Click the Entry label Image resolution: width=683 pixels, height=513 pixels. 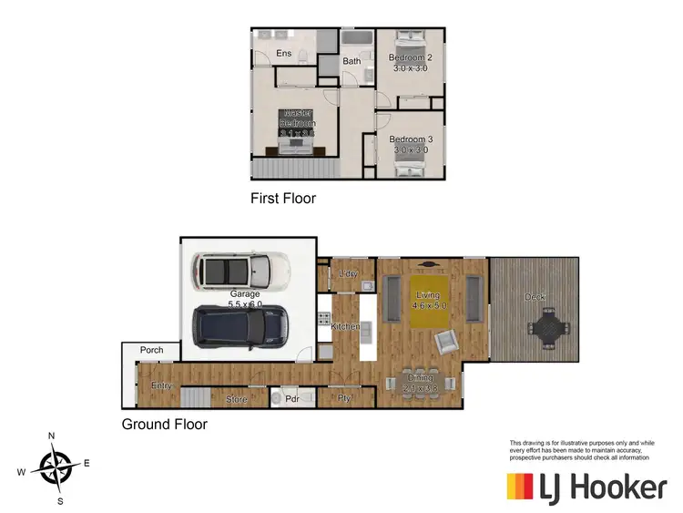coord(161,385)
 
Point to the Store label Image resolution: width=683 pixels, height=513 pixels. coord(236,398)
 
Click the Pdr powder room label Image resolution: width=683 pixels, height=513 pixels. coord(293,398)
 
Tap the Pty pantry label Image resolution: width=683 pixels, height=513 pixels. coord(345,398)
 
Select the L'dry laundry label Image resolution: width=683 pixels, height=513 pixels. coord(347,274)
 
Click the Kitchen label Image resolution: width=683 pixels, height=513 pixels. coord(346,326)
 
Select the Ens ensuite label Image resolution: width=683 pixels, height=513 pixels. coord(284,54)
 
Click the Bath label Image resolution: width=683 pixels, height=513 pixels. coord(352,62)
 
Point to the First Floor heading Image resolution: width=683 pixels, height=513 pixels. coord(283,198)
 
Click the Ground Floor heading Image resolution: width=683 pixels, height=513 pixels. coord(165,425)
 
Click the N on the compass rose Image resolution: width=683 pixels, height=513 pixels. coord(53,435)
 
